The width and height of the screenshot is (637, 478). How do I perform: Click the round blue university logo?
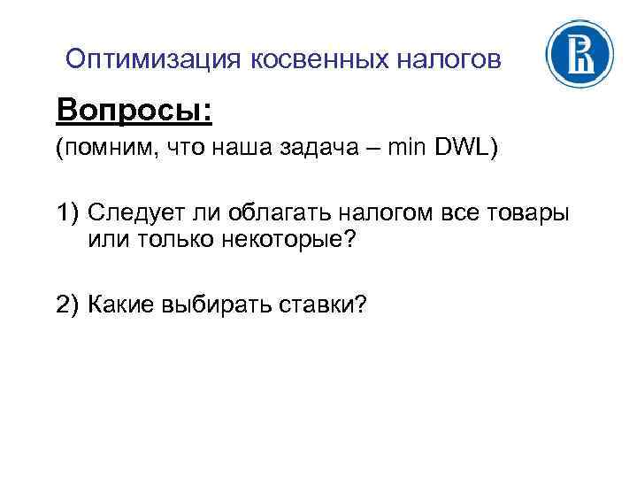(x=579, y=55)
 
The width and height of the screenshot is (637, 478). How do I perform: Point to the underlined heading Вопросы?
(x=134, y=111)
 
